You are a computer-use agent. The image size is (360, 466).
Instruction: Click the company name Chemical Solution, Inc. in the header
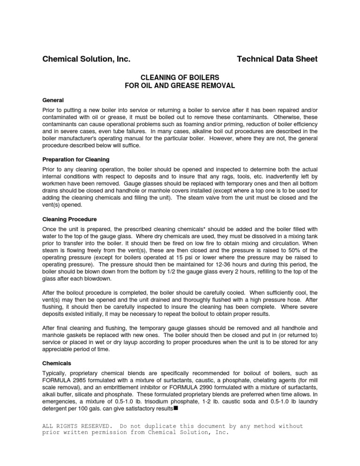point(87,59)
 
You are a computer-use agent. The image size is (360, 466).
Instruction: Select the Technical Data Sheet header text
point(277,59)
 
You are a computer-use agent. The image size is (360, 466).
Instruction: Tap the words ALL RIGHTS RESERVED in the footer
point(77,426)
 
